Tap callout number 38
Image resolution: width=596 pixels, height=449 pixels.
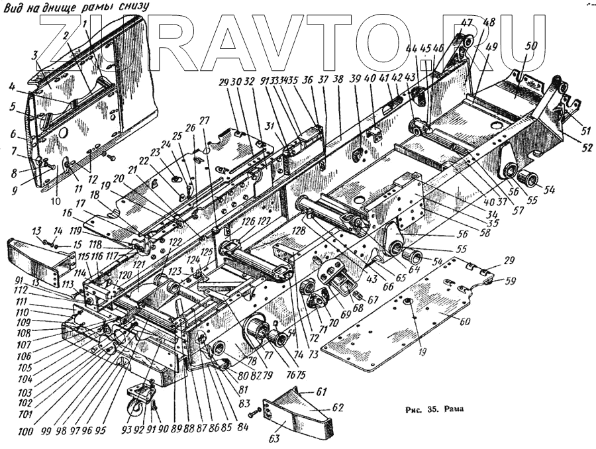[x=338, y=78]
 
